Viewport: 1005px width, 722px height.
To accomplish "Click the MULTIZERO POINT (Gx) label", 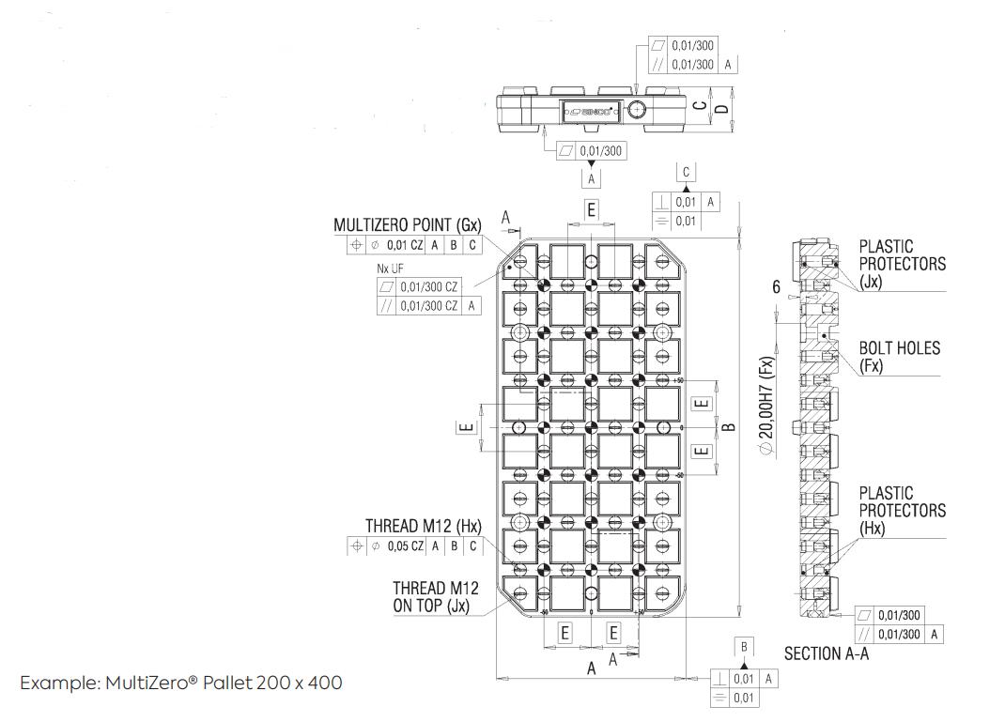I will coord(407,225).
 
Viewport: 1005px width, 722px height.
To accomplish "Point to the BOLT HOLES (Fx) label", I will coord(899,357).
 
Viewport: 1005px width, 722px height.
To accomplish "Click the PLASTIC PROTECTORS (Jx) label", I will coord(902,263).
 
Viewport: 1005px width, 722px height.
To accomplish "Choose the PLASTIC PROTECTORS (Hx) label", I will coord(902,510).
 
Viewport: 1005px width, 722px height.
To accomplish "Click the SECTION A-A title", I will coord(827,653).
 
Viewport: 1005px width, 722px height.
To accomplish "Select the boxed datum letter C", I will coord(687,172).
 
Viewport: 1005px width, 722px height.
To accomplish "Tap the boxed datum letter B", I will coord(745,647).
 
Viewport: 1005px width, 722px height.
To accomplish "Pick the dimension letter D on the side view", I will coord(721,109).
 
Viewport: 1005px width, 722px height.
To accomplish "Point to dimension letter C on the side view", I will coord(700,106).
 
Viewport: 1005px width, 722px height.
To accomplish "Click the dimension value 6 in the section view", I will coord(777,286).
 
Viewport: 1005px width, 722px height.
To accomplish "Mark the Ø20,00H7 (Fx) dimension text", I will coord(766,407).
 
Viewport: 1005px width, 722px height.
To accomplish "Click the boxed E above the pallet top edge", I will coord(591,209).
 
